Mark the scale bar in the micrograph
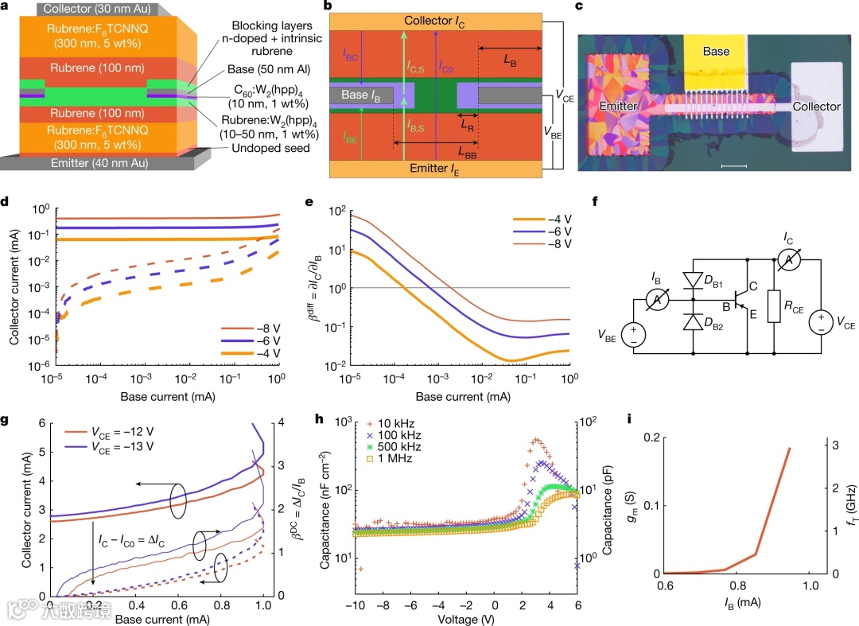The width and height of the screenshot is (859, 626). (735, 165)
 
